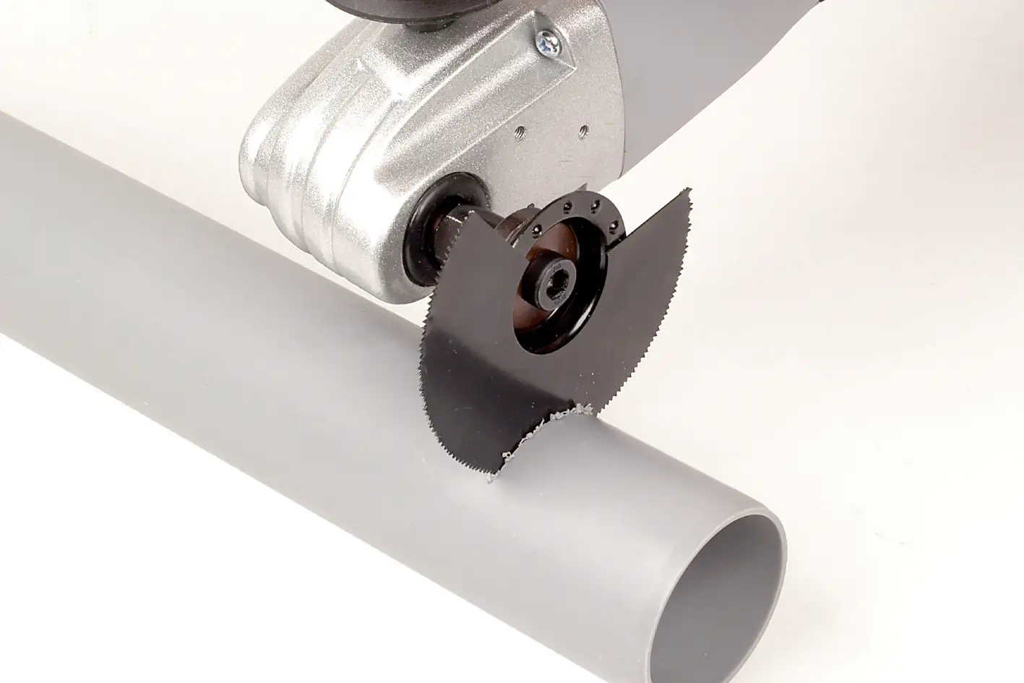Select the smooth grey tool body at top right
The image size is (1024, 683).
pyautogui.click(x=723, y=87)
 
